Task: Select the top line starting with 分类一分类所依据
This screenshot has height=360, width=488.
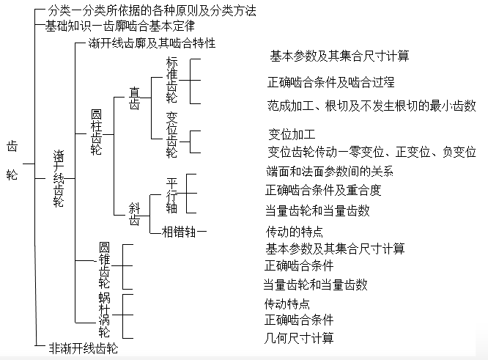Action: coord(151,11)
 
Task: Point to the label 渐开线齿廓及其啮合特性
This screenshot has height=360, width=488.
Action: coord(151,43)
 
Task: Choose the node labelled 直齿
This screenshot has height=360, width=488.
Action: coord(135,98)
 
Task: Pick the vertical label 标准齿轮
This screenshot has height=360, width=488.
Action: coord(171,80)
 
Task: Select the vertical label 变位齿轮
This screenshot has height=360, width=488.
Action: coord(171,135)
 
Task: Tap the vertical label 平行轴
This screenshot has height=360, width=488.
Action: coord(171,194)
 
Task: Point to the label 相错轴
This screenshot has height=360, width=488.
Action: coord(184,232)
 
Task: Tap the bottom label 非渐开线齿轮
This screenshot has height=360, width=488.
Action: coord(83,348)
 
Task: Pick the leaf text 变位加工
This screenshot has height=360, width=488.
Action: coord(292,135)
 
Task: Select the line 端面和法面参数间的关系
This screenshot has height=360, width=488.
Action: coord(330,172)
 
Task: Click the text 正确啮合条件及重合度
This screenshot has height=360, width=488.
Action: coord(323,191)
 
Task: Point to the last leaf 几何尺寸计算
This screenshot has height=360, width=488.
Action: coord(298,338)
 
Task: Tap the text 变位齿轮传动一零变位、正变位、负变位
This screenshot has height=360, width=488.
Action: coord(371,152)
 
